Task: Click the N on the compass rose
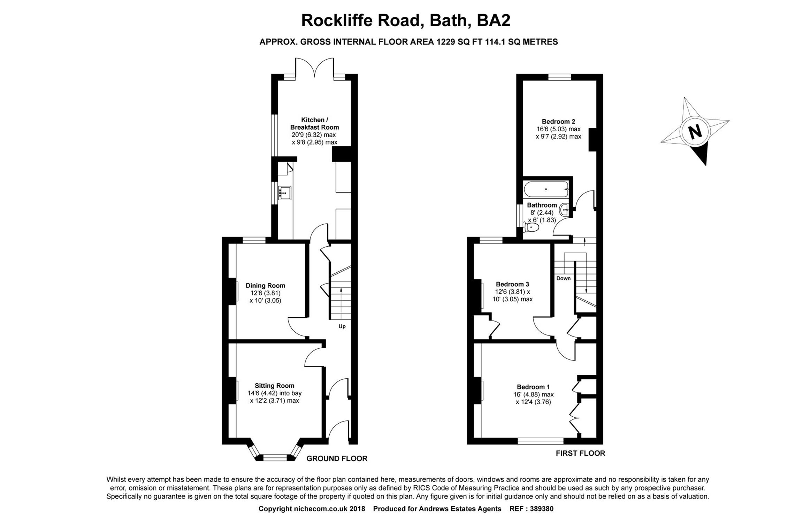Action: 695,132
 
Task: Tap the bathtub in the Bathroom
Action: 546,189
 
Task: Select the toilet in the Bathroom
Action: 531,227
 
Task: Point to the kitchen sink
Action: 285,193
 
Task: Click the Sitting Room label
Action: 274,386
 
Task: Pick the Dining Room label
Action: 265,286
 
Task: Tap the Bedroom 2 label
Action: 558,122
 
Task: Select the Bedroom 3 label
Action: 512,284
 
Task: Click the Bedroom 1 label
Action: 533,387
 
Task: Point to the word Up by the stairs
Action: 342,326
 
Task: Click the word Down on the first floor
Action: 563,278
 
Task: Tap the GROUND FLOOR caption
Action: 337,458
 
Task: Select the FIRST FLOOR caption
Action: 580,453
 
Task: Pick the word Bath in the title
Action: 448,20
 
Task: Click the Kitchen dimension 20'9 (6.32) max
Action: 314,135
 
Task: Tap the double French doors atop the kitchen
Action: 314,68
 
